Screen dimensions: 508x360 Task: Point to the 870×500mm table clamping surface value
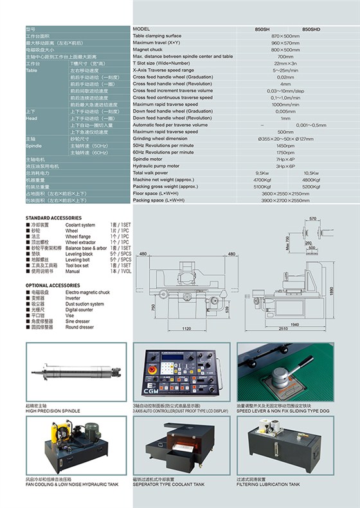coord(285,36)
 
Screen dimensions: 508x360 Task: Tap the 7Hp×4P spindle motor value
coord(285,159)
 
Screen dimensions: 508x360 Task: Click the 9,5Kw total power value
coord(262,173)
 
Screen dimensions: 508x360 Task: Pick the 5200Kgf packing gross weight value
coord(311,186)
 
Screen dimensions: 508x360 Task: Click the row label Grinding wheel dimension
coord(160,138)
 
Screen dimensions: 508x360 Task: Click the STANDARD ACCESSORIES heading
coord(53,219)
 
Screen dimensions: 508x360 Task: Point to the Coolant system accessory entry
coord(80,225)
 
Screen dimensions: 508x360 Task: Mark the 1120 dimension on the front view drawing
coord(187,328)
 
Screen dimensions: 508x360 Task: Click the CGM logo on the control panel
coord(153,394)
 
